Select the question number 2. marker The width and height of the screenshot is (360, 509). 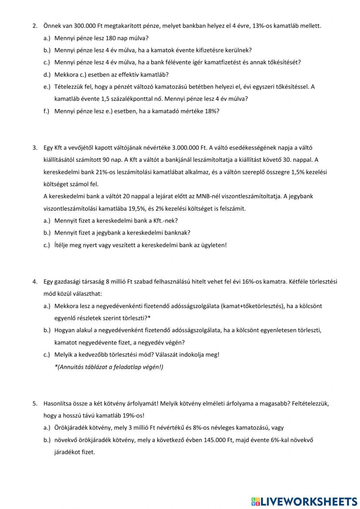35,26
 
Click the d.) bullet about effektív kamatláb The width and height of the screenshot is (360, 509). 47,75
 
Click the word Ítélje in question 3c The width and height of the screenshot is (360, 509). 62,245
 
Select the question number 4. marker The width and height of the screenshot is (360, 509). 35,282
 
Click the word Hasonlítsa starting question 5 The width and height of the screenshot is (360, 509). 58,403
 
